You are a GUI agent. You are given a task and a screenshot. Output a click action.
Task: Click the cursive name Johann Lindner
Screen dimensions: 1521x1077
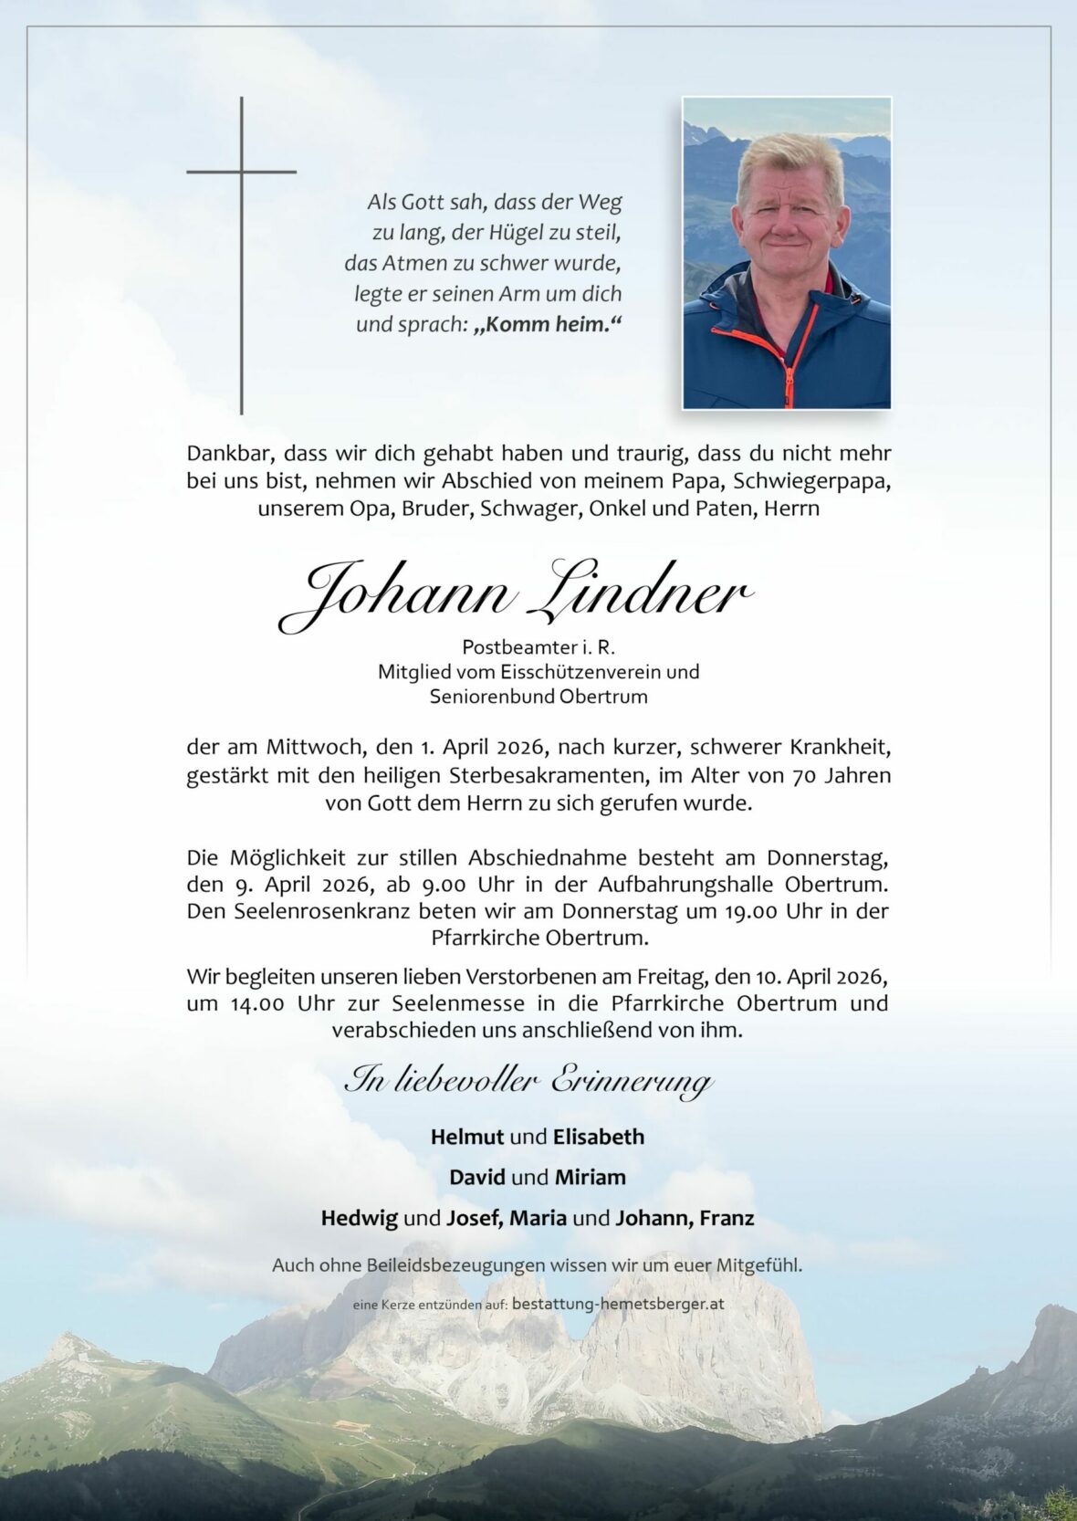click(x=516, y=595)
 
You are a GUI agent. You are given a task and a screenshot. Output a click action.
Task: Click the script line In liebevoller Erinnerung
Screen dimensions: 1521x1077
click(x=528, y=1081)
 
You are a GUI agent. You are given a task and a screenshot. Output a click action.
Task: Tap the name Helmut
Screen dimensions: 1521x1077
click(x=466, y=1137)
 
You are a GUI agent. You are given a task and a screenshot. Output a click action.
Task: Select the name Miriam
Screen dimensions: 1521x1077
click(x=590, y=1177)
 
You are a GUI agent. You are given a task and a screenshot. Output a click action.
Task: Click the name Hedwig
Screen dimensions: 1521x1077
click(x=360, y=1218)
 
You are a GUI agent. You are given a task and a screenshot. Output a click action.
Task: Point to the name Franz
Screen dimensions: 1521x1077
click(x=727, y=1218)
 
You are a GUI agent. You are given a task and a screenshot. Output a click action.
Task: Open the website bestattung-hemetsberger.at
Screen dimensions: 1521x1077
click(x=618, y=1304)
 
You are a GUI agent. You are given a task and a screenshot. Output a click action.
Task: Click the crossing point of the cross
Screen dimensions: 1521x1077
click(x=242, y=172)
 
